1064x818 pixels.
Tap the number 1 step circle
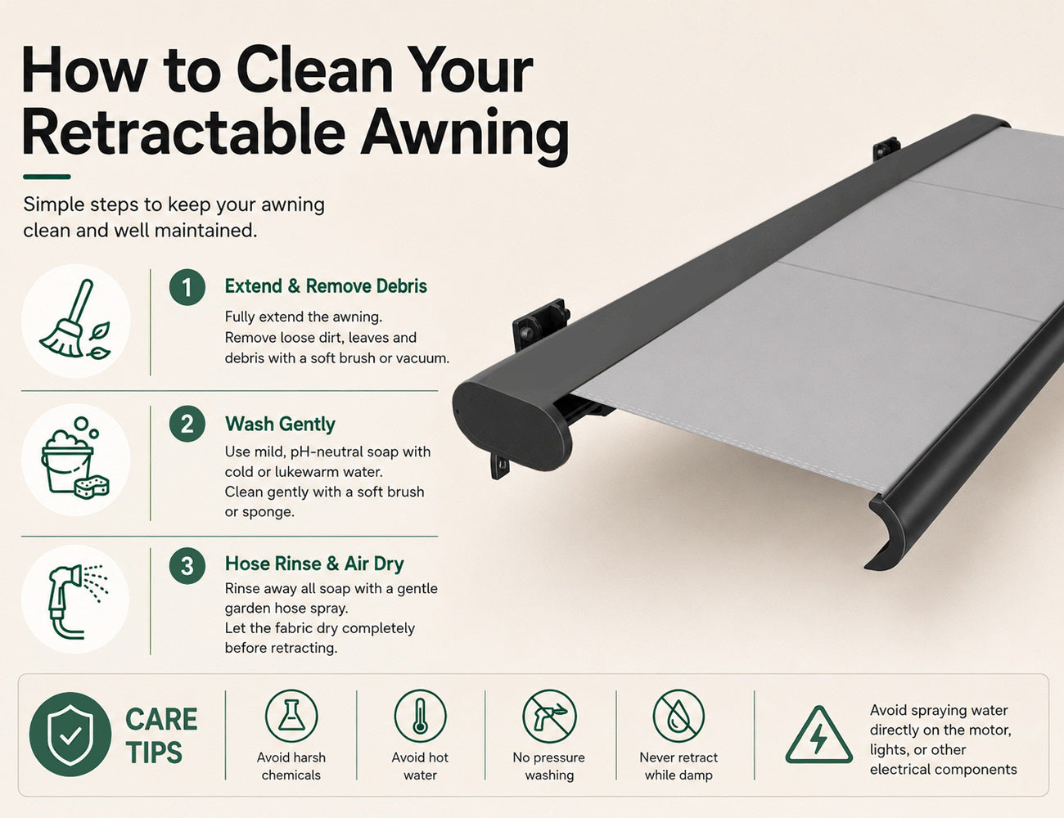[x=187, y=287]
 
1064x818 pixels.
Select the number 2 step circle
[x=187, y=424]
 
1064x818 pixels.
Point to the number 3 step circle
[x=187, y=565]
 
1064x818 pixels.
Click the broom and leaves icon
[x=75, y=320]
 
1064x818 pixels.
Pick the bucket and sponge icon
[x=75, y=458]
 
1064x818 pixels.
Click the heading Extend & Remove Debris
[x=326, y=286]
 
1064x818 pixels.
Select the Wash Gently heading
[x=280, y=425]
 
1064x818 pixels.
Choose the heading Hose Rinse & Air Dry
[x=314, y=564]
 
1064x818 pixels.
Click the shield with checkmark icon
[x=70, y=735]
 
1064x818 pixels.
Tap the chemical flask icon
[x=291, y=717]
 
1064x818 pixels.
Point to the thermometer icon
[x=420, y=717]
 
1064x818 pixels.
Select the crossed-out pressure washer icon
[x=549, y=717]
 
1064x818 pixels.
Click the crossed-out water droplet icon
[x=679, y=717]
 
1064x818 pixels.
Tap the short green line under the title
[x=47, y=177]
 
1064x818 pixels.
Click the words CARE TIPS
[x=161, y=735]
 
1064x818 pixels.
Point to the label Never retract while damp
[x=679, y=766]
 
